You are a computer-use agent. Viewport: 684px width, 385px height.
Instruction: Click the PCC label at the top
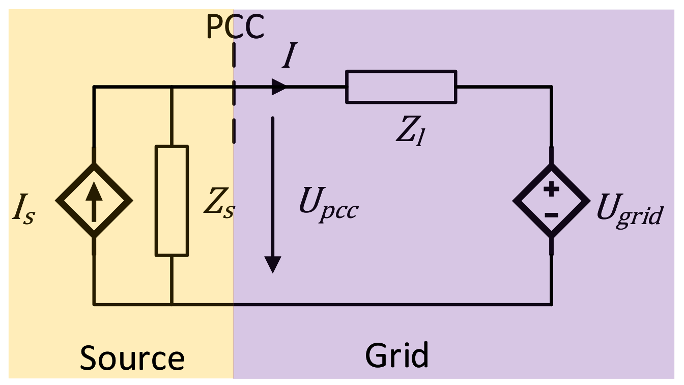click(x=236, y=27)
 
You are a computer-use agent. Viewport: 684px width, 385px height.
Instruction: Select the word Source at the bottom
click(x=132, y=358)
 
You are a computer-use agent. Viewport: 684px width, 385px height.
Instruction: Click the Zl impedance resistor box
click(x=401, y=87)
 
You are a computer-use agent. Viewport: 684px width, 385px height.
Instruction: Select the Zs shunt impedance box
click(x=172, y=200)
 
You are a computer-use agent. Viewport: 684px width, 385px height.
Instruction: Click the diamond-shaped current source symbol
click(x=94, y=200)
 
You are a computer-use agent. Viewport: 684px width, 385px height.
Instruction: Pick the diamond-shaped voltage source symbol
click(x=551, y=200)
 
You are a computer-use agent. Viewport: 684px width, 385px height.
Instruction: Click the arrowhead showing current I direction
click(x=279, y=87)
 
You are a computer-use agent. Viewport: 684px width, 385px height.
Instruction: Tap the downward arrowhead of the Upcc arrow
click(x=273, y=264)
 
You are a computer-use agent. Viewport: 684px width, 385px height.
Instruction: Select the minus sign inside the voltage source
click(x=551, y=215)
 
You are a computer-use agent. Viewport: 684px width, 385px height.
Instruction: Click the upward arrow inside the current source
click(x=94, y=200)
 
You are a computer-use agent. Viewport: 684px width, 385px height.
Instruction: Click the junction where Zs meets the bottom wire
click(x=172, y=305)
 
